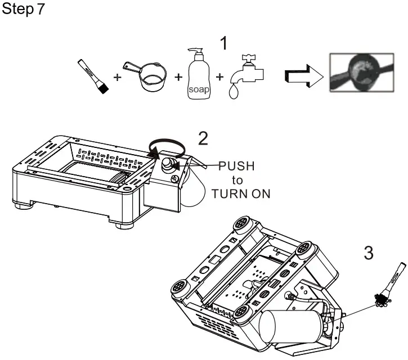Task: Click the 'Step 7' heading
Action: coord(23,11)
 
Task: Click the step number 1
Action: coord(224,43)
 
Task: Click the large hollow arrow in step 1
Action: coord(302,78)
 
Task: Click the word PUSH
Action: coord(236,166)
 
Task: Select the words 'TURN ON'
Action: coord(241,193)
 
